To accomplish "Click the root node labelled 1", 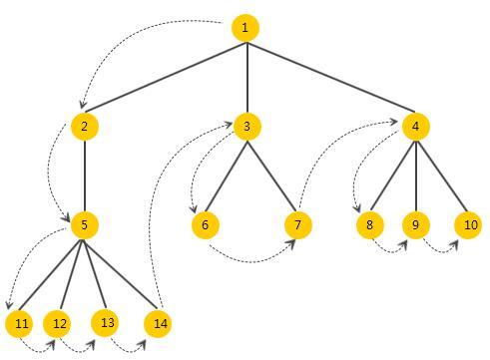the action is coord(245,27).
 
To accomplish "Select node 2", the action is coord(85,126).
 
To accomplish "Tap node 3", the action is coord(246,126).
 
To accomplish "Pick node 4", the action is coord(415,126).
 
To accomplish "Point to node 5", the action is coord(85,225).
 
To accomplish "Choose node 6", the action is coord(206,224).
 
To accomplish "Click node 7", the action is coord(296,224).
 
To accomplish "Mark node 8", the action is coord(369,224).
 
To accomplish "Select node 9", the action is coord(415,224).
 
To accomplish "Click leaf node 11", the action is coord(19,324).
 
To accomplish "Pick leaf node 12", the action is coord(58,323).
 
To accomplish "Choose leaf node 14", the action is coord(158,323).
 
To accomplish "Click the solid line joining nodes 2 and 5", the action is coord(85,176).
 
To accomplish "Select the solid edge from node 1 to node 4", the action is coord(329,76).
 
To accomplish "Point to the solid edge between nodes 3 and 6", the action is coord(227,175).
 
